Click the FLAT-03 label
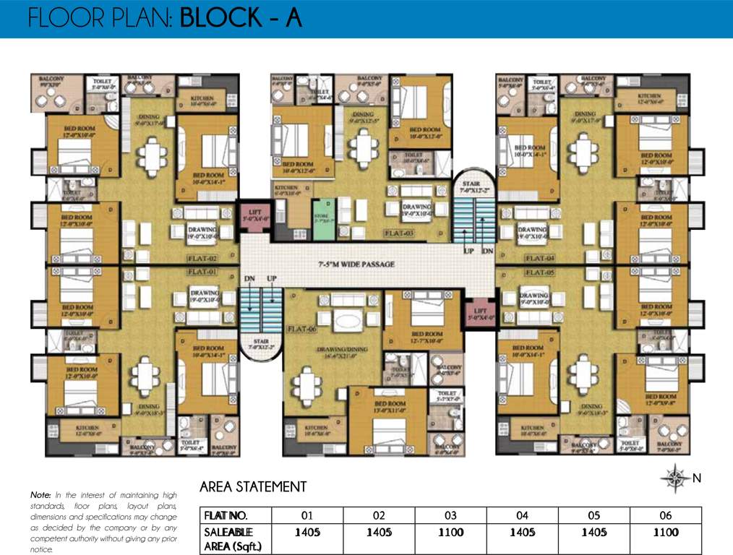pyautogui.click(x=400, y=233)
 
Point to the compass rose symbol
pyautogui.click(x=677, y=478)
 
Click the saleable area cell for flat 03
pyautogui.click(x=450, y=533)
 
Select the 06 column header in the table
pyautogui.click(x=665, y=515)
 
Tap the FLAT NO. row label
pyautogui.click(x=226, y=515)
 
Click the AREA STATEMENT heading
pyautogui.click(x=253, y=487)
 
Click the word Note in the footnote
pyautogui.click(x=40, y=495)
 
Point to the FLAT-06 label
pyautogui.click(x=303, y=329)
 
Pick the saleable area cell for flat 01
pyautogui.click(x=307, y=533)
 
